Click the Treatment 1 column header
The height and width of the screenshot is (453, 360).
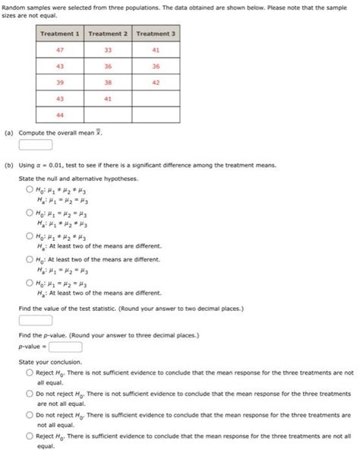[61, 34]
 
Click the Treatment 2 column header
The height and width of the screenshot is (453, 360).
[109, 34]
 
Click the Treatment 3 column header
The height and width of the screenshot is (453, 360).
[156, 34]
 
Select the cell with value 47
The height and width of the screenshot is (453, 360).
[61, 49]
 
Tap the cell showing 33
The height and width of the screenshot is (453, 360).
[109, 49]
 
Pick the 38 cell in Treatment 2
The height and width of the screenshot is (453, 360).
[109, 82]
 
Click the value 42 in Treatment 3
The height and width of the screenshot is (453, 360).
[156, 82]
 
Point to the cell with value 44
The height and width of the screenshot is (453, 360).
[61, 115]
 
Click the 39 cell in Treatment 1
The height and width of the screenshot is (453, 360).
[61, 82]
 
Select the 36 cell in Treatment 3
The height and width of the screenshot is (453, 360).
[156, 66]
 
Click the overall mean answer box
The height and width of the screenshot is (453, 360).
[36, 144]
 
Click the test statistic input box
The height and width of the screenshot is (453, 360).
[36, 321]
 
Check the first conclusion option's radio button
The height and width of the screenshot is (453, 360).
[29, 373]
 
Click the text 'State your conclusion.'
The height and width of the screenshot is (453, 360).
[49, 362]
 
